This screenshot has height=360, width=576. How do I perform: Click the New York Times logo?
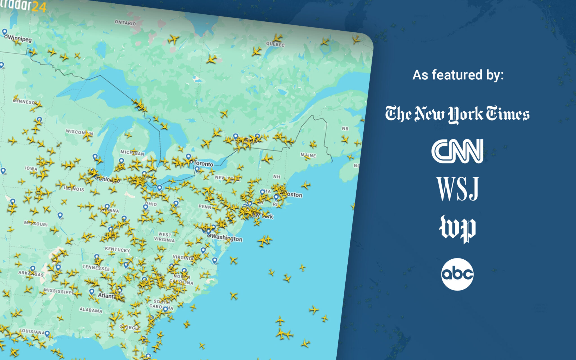(457, 114)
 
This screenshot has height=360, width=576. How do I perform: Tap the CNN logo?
(457, 151)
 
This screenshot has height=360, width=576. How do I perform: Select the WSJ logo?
(457, 189)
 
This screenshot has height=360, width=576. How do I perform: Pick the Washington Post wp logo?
(457, 228)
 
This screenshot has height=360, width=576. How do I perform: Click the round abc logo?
(457, 274)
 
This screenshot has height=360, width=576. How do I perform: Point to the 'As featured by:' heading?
(458, 75)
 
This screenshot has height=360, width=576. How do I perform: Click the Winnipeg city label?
(20, 39)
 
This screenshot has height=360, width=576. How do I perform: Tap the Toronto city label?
(203, 163)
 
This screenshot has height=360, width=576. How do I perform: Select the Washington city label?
(227, 238)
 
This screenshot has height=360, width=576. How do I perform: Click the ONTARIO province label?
(125, 23)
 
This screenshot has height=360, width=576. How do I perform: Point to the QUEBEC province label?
(275, 44)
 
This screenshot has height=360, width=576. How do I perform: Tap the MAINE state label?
(308, 155)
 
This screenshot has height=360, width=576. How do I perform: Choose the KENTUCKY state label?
(117, 249)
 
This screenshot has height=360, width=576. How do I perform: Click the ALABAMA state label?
(91, 310)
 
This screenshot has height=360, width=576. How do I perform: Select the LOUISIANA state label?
(32, 331)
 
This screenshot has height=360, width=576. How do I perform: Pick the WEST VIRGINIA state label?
(165, 237)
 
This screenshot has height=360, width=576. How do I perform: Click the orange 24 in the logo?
(39, 7)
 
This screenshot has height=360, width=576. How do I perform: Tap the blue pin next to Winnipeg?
(4, 32)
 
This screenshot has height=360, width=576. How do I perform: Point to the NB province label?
(345, 129)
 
